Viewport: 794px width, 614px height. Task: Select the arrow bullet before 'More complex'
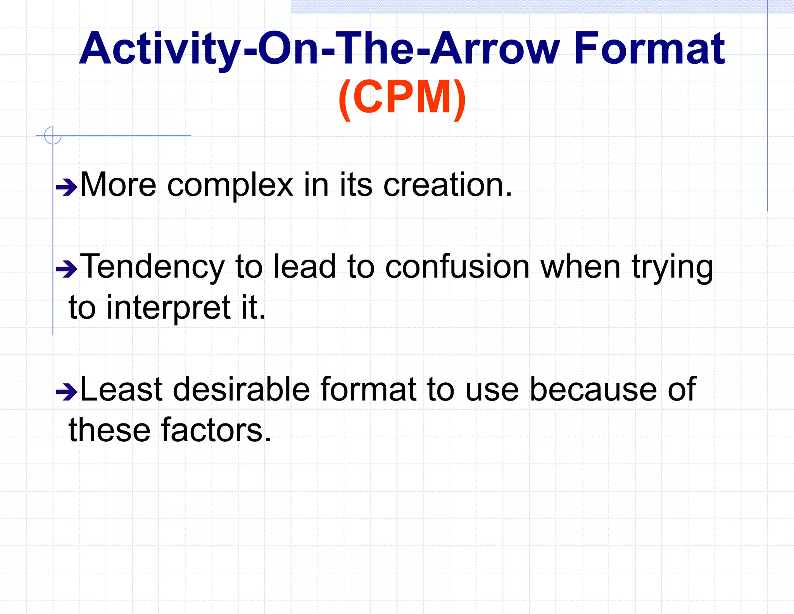67,187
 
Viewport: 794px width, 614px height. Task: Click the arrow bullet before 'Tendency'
67,269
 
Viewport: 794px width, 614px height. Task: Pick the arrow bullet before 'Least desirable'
67,392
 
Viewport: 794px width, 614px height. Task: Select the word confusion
457,267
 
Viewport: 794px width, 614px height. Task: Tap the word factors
216,430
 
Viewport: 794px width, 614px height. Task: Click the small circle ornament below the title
53,135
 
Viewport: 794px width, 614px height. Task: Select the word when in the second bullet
580,267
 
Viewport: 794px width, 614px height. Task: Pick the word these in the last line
109,430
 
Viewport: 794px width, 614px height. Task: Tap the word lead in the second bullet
304,267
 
